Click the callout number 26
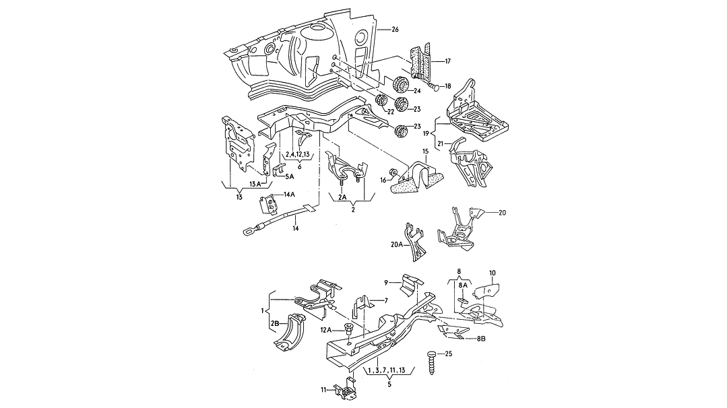pos(396,29)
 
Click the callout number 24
pos(417,92)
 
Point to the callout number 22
pos(390,111)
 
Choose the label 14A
pos(290,194)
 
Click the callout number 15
pos(425,152)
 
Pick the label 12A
pos(326,329)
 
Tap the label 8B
pos(481,339)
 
